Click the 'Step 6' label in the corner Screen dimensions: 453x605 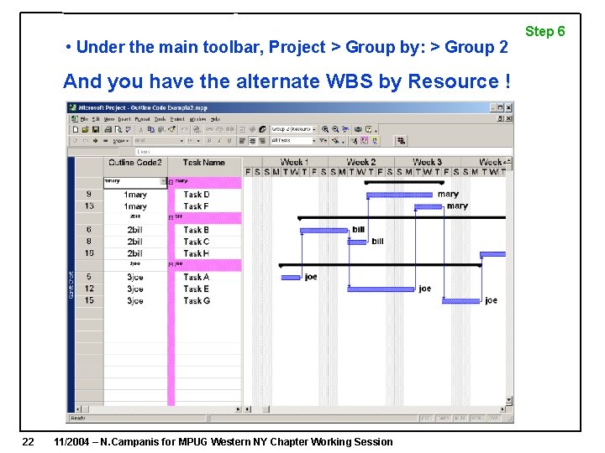pos(544,32)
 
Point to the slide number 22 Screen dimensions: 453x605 pos(28,441)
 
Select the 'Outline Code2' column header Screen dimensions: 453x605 pos(134,163)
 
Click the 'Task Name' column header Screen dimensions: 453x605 pos(203,163)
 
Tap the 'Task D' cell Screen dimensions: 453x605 pos(197,195)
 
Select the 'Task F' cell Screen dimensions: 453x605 pos(197,206)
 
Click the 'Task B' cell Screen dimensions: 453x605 pos(197,230)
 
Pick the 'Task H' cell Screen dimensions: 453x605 pos(197,253)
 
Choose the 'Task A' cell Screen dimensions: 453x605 pos(197,277)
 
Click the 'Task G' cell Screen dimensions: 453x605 pos(197,300)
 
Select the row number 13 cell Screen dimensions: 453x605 pos(89,206)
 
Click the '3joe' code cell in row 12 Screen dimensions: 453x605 pos(135,289)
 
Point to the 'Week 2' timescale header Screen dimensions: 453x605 pos(360,162)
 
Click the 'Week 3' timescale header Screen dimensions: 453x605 pos(427,162)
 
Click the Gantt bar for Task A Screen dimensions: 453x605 pos(291,277)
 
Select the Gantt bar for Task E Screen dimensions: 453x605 pos(381,289)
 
